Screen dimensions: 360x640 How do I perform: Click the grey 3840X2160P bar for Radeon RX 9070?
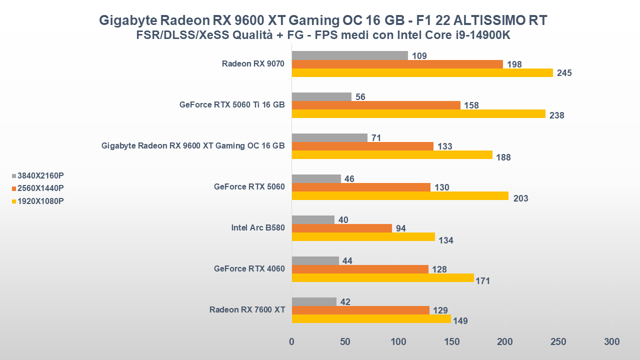(349, 55)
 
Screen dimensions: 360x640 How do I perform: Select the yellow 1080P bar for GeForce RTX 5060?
(400, 196)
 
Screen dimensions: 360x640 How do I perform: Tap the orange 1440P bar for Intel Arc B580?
(341, 228)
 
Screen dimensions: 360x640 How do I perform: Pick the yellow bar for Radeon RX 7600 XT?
(371, 318)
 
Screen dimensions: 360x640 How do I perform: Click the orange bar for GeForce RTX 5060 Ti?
(376, 105)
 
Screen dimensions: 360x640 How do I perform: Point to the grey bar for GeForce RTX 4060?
(315, 260)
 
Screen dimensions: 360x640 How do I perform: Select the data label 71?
(376, 137)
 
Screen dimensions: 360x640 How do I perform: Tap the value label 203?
(520, 198)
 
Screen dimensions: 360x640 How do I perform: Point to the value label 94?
(400, 228)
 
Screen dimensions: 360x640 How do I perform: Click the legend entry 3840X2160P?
(40, 175)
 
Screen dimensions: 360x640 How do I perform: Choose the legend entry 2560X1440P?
(40, 188)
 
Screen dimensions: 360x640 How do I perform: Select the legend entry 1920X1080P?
(40, 201)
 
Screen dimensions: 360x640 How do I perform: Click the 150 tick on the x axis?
(451, 342)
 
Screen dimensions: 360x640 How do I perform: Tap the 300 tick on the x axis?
(611, 342)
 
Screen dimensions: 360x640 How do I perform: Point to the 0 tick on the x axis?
(291, 342)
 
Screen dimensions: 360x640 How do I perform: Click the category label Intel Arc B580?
(258, 228)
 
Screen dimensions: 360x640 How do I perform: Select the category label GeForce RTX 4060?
(249, 269)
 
